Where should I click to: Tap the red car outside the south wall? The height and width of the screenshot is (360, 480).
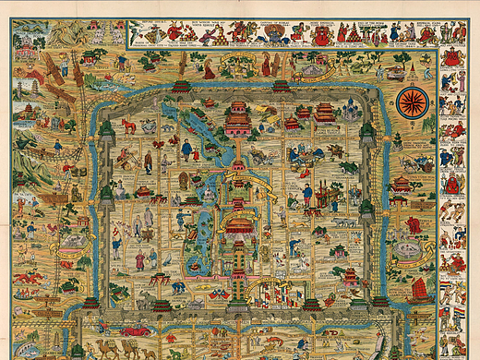[x=136, y=330]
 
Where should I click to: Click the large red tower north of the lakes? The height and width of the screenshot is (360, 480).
[x=238, y=120]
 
